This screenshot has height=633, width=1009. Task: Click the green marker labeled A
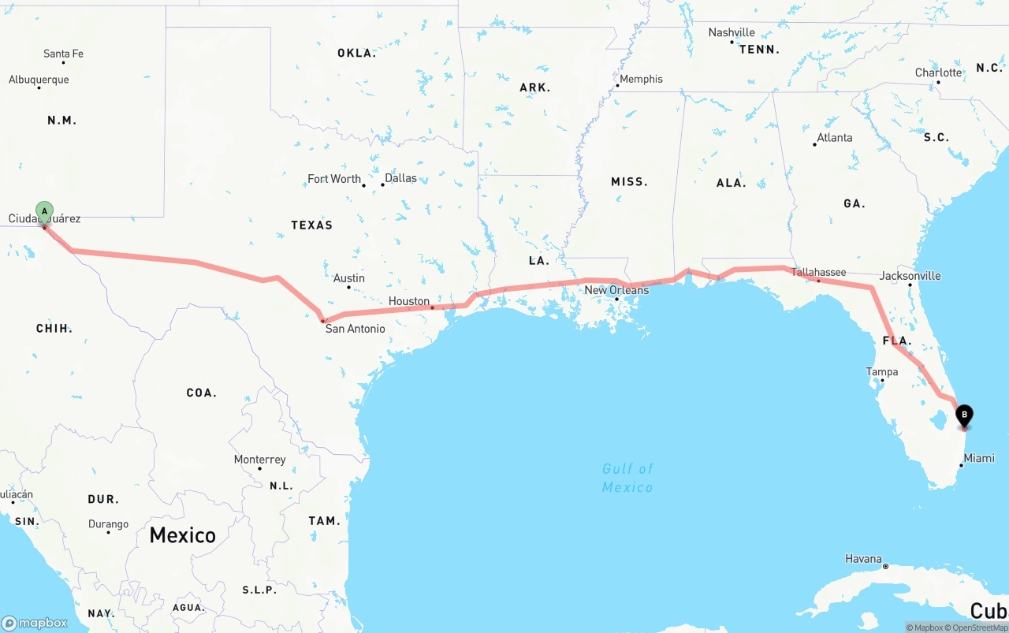coord(45,211)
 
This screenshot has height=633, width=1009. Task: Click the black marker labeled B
coord(963,415)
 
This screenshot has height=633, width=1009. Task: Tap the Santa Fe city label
coord(63,54)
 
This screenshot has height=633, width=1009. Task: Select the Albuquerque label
coord(39,80)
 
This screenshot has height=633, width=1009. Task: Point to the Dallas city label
coord(400,178)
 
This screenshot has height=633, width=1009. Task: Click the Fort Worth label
coord(334,179)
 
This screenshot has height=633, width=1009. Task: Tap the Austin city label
coord(348,277)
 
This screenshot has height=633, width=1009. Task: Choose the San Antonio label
coord(355,329)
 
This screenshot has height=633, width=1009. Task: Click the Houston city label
coord(408,301)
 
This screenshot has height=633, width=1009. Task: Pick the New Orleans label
coord(616,290)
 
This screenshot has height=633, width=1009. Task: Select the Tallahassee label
coord(818,272)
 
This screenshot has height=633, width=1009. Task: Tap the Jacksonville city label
coord(910,276)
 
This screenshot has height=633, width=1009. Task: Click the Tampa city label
coord(881,372)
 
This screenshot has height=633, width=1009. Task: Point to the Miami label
coord(978,458)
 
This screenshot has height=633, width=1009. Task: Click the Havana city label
coord(863,559)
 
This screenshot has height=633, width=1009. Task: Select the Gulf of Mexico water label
coord(627,478)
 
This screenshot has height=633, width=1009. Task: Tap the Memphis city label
coord(641,79)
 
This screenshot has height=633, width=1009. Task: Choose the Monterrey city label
coord(259,460)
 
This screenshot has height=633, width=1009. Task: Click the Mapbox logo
coord(35,623)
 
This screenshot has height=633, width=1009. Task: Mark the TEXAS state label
coord(311,225)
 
